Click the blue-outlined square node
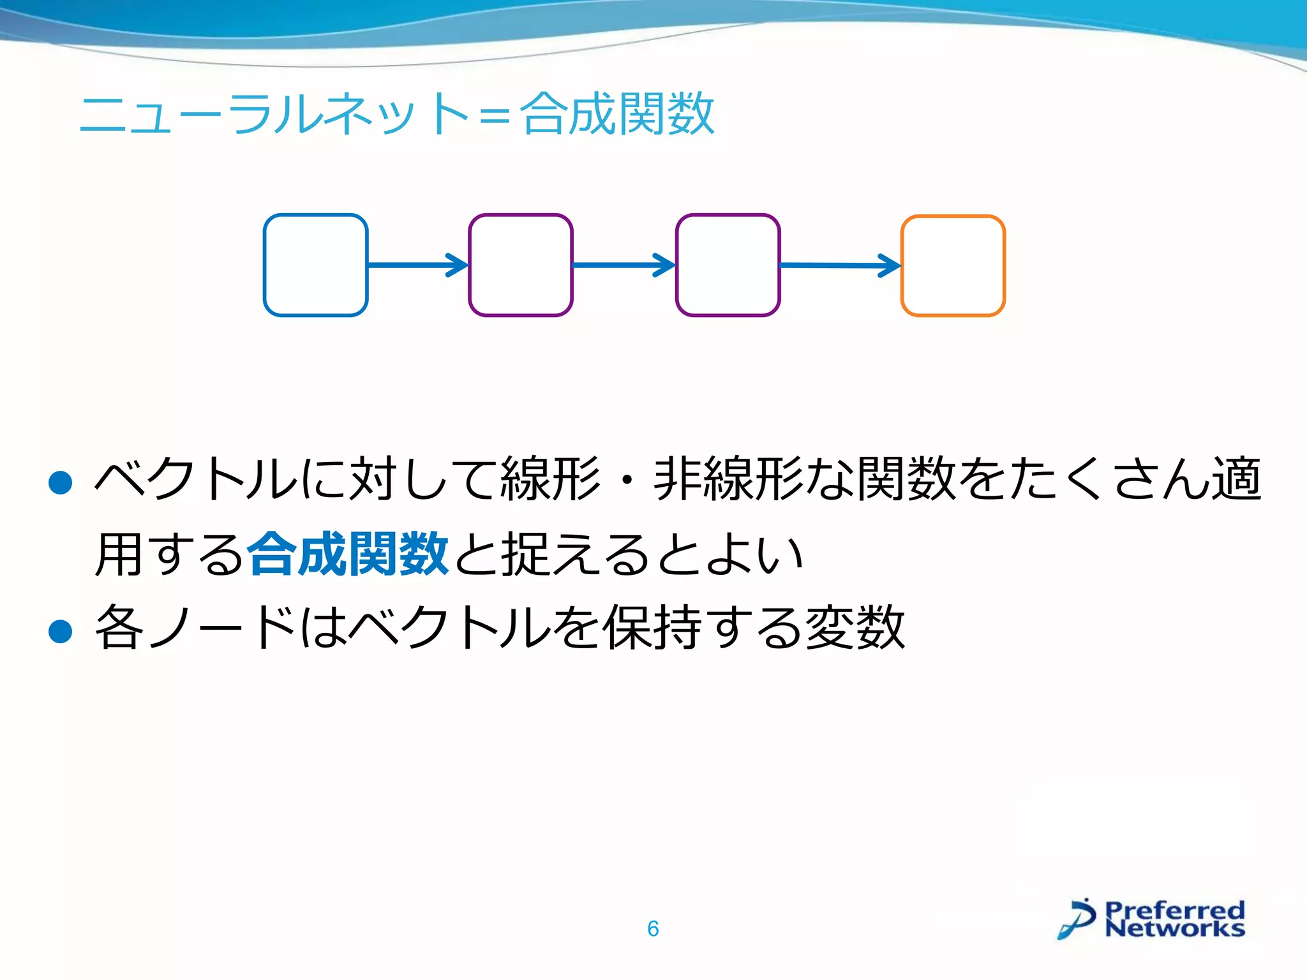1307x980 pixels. coord(315,265)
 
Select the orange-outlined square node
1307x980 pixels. coord(953,265)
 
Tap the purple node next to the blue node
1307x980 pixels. coord(521,265)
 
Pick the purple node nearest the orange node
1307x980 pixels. coord(728,265)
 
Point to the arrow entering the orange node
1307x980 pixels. coord(840,265)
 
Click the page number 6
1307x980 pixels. coord(653,928)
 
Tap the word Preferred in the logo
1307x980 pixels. coord(1175,909)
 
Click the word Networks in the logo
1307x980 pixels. coord(1175,928)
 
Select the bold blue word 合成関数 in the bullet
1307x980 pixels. coord(348,554)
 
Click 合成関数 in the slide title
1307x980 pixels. coord(617,114)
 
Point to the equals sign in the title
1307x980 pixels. coord(495,117)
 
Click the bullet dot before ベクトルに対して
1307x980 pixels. coord(61,483)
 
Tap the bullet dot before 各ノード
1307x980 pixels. coord(61,632)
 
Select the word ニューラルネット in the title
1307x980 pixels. coord(274,114)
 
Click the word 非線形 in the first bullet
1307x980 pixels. coord(728,479)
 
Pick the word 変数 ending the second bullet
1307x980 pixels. coord(855,627)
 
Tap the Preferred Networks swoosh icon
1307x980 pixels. coord(1078,919)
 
